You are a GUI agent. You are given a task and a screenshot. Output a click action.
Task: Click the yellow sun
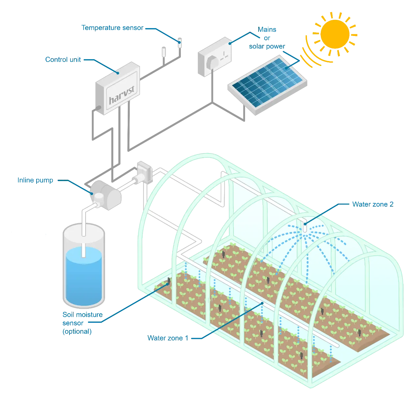pos(335,33)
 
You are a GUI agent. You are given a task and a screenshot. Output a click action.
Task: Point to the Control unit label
pos(63,60)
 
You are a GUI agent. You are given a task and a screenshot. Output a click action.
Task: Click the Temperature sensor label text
pos(112,28)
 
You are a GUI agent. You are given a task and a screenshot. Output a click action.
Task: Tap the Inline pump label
pos(35,181)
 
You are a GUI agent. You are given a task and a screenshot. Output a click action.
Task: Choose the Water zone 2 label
pos(373,205)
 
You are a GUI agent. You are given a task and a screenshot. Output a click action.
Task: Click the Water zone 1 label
pos(168,338)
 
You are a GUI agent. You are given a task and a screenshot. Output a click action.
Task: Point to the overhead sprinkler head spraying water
pos(305,226)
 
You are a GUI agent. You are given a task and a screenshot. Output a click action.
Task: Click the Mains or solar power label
pos(266,38)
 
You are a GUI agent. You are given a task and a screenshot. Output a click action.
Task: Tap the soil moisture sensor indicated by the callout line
pos(169,280)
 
